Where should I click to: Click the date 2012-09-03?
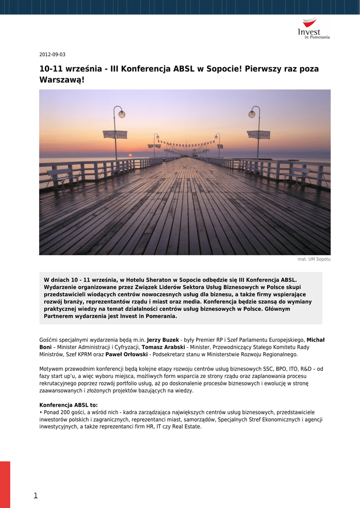click(52, 55)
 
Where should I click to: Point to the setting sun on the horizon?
click(130, 155)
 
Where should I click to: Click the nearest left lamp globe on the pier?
click(122, 114)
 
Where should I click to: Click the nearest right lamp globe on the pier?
click(251, 114)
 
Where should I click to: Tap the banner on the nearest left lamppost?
click(115, 134)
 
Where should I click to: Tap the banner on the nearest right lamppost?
click(258, 134)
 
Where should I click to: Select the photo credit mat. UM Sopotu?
click(314, 259)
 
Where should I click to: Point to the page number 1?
click(36, 495)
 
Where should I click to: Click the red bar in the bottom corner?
click(5, 484)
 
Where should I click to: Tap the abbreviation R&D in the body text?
click(306, 369)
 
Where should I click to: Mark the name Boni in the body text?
click(45, 347)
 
